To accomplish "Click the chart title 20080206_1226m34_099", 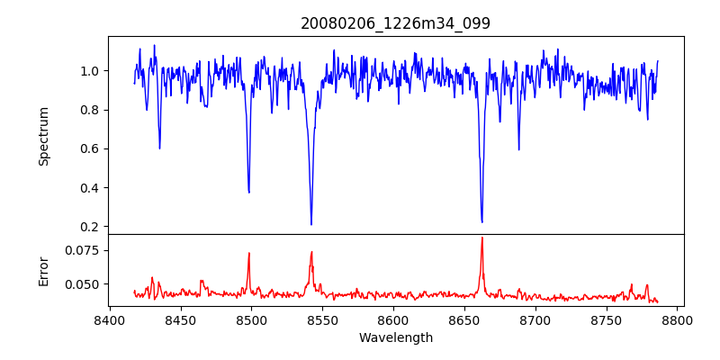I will tap(395, 23).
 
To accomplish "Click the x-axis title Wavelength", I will tap(395, 338).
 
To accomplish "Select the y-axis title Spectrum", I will tap(43, 136).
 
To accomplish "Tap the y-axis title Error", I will tap(43, 270).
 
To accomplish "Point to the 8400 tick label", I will tap(109, 319).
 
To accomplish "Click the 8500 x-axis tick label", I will tap(251, 319).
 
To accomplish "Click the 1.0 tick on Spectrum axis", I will tap(89, 71).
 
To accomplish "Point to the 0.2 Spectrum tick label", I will tap(89, 227).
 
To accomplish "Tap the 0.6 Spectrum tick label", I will tap(89, 149).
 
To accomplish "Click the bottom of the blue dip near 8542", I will tap(311, 224).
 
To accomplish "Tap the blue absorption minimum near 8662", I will tap(482, 221).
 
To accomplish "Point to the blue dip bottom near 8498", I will tap(249, 192).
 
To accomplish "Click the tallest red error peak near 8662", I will tap(482, 238).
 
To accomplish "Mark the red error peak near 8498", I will tap(249, 254).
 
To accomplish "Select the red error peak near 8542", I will tap(311, 252).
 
